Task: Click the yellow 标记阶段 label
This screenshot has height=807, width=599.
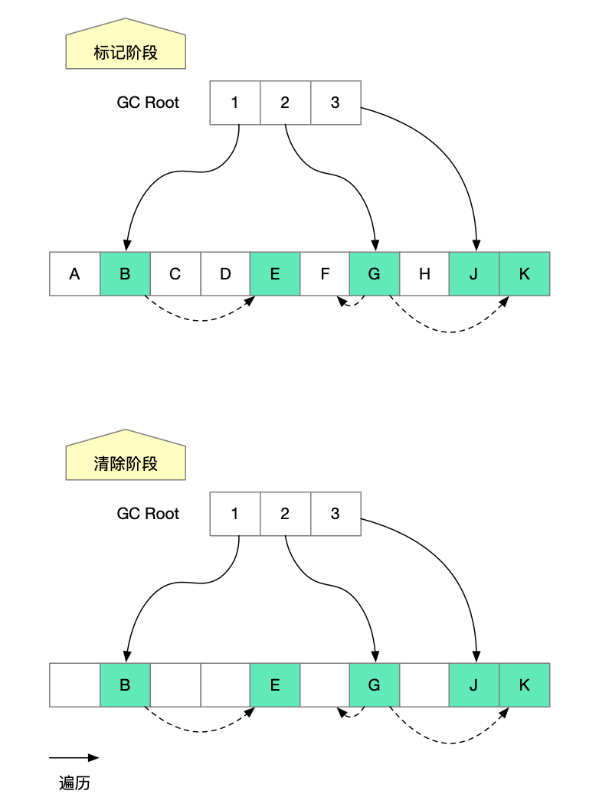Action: [126, 53]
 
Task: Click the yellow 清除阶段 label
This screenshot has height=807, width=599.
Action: [126, 463]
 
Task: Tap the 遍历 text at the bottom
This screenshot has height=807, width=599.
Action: [74, 783]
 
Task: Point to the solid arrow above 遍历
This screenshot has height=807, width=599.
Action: [74, 758]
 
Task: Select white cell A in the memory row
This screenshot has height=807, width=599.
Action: [74, 274]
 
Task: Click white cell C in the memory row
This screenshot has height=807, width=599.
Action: [175, 274]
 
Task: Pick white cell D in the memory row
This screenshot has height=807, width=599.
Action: [225, 274]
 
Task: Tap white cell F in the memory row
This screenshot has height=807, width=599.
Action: [325, 274]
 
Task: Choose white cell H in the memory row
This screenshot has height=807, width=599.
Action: [424, 274]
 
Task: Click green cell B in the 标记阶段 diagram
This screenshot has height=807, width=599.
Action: [125, 274]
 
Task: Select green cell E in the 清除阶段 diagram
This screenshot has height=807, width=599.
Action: [275, 684]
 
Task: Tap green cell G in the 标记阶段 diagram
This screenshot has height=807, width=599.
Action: [375, 274]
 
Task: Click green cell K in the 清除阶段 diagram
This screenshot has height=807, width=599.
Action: [525, 684]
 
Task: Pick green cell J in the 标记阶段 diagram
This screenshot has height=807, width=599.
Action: [474, 274]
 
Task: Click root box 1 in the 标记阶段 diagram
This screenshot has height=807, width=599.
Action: [235, 103]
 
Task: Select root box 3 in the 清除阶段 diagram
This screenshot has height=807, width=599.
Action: [336, 513]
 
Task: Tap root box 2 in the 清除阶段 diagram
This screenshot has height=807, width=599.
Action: [285, 513]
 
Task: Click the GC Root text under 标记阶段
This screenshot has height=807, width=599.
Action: [148, 103]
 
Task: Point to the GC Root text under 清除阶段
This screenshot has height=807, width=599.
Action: [148, 513]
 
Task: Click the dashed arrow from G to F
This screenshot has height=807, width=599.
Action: [351, 305]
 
